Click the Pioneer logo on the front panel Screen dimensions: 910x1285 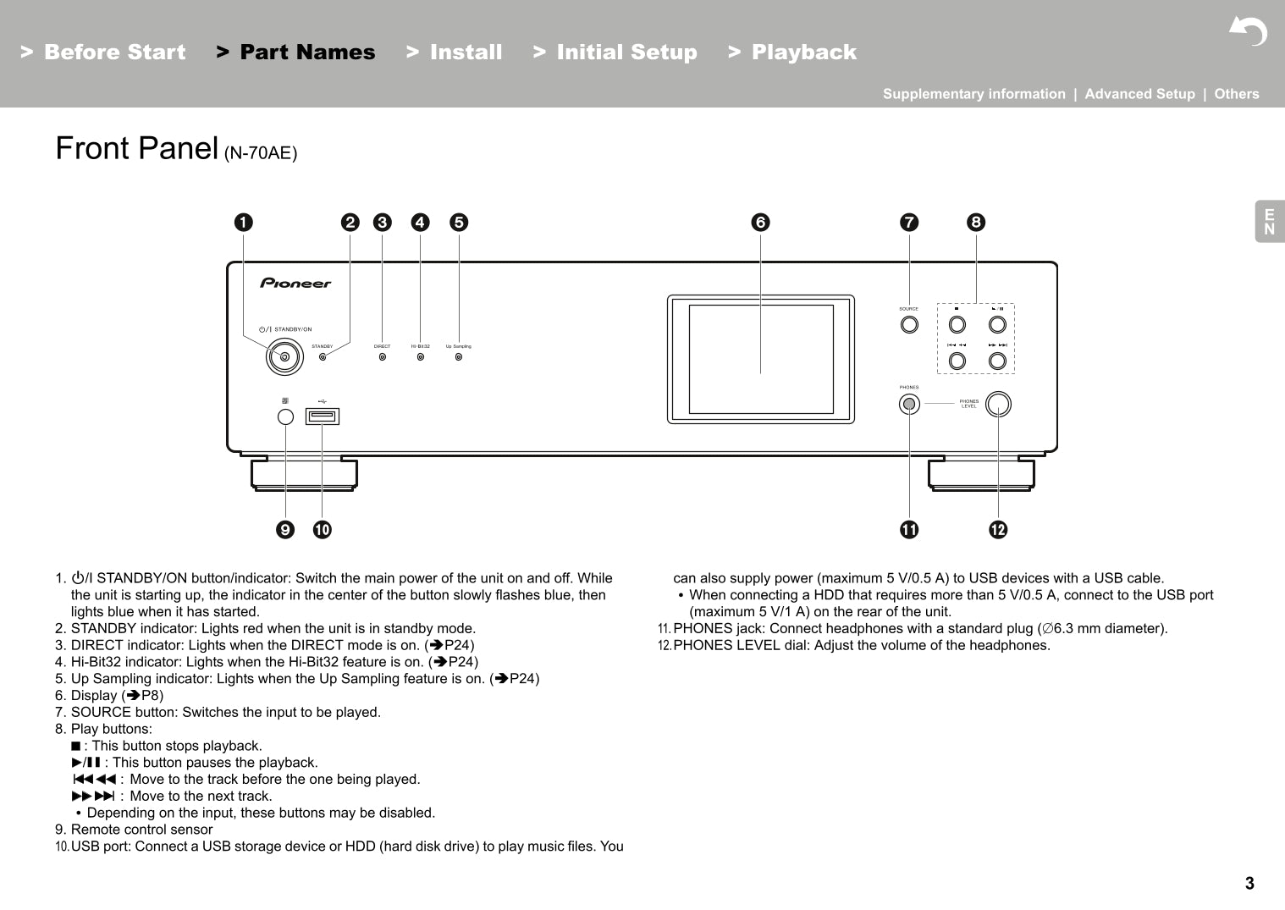pos(295,284)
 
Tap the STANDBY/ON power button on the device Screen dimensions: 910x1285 pos(284,357)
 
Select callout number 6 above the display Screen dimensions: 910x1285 pos(760,223)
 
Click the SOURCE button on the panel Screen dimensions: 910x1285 pos(909,324)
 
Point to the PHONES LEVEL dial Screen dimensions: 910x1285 pos(998,404)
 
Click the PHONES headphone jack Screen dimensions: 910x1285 pos(909,405)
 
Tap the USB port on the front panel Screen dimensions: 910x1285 pos(323,416)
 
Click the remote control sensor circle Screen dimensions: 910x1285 pos(285,416)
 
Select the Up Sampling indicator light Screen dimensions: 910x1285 pos(459,357)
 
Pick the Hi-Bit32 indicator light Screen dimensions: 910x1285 pos(421,357)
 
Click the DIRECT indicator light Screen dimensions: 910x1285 pos(383,357)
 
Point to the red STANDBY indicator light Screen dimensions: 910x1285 pos(323,357)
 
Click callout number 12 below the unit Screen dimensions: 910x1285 pos(998,530)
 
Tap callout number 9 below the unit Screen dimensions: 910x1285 pos(285,530)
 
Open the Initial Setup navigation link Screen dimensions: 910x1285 pos(626,52)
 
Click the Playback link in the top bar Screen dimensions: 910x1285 pos(803,52)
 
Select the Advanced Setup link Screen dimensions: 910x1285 pos(1139,94)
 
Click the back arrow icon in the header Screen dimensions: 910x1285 pos(1248,32)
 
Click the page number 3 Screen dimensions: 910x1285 pos(1249,884)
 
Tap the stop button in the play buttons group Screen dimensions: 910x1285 pos(957,324)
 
